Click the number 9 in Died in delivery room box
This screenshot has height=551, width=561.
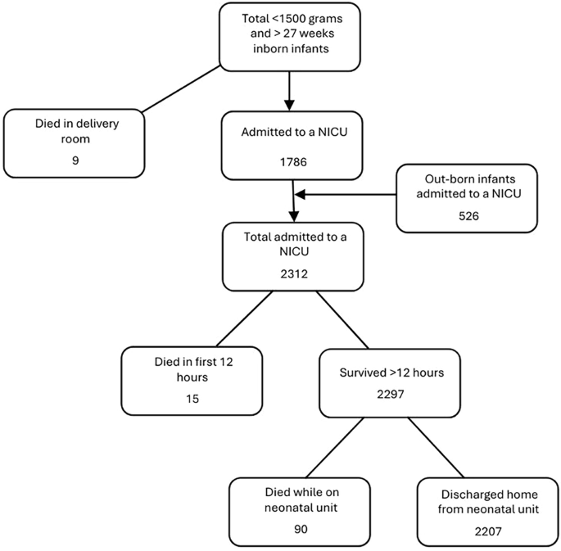click(75, 161)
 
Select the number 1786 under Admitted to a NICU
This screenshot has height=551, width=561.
click(292, 162)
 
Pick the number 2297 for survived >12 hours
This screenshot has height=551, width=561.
click(391, 393)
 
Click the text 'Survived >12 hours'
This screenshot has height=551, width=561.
click(391, 373)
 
